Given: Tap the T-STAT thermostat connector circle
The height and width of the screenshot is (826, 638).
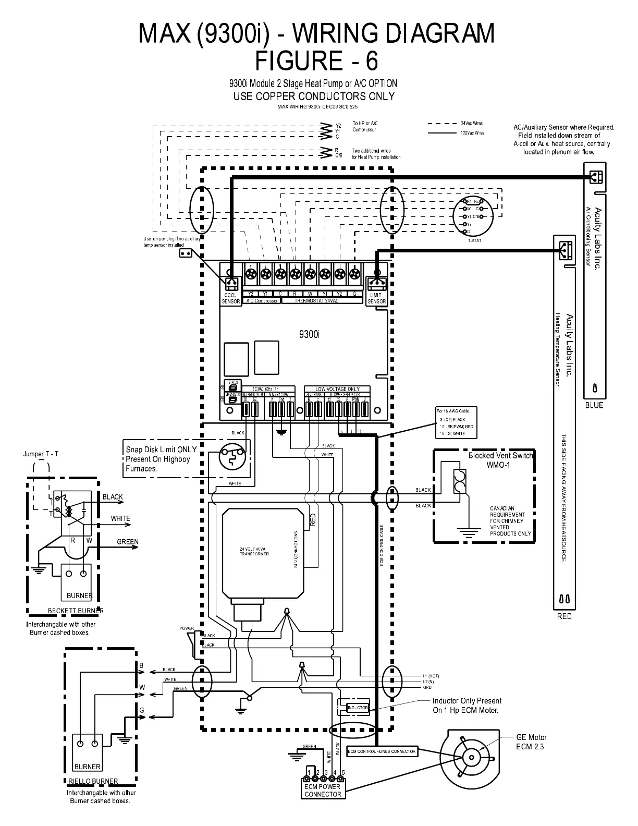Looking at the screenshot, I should (x=473, y=216).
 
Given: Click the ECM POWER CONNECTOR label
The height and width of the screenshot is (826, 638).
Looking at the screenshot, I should (x=323, y=790).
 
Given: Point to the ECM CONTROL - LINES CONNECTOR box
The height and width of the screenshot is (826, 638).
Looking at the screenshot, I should (x=382, y=751).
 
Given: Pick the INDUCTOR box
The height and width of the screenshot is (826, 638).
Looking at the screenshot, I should (x=357, y=708).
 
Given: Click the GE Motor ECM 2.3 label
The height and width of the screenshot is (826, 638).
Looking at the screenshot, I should (x=531, y=742).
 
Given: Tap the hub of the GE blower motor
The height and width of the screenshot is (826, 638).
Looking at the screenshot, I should (x=472, y=758).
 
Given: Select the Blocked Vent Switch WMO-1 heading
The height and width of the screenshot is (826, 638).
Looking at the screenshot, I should (x=500, y=459).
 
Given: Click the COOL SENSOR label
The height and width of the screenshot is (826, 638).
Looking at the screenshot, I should (x=231, y=298).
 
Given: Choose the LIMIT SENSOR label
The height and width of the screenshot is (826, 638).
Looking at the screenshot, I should (x=376, y=298).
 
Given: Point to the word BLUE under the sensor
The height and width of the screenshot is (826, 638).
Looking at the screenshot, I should (x=594, y=405).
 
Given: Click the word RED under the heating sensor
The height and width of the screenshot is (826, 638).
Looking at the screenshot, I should (x=564, y=616).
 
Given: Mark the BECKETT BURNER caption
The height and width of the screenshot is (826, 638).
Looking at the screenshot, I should (x=76, y=611).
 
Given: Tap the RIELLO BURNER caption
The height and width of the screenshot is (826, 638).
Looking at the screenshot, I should (x=93, y=781).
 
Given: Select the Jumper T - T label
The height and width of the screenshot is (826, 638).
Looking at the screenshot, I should (x=41, y=454).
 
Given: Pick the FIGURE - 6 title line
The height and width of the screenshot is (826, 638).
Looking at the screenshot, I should (x=316, y=61).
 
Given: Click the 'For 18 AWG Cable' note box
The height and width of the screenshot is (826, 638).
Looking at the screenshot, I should (x=456, y=422).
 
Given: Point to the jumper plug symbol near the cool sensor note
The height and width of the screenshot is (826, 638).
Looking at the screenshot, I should (x=185, y=253).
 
